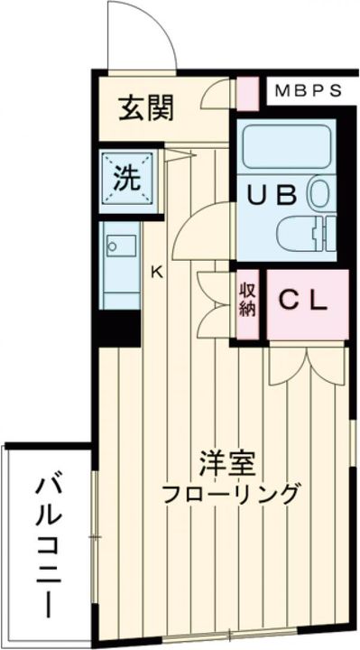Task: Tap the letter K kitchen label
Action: pos(155,270)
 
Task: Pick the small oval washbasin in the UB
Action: pos(318,192)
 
